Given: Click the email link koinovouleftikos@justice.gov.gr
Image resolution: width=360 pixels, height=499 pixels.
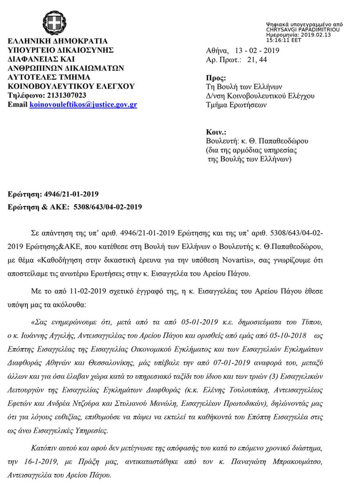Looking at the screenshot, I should tap(83, 105).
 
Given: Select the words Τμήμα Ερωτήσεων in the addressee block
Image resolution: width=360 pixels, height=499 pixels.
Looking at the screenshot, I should tap(236, 105).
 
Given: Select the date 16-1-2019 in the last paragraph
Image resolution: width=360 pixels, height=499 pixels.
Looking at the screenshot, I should tap(38, 462).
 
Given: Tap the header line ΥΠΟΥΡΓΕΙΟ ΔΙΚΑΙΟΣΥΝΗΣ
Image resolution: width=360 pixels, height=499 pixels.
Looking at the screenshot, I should tap(61, 51).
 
